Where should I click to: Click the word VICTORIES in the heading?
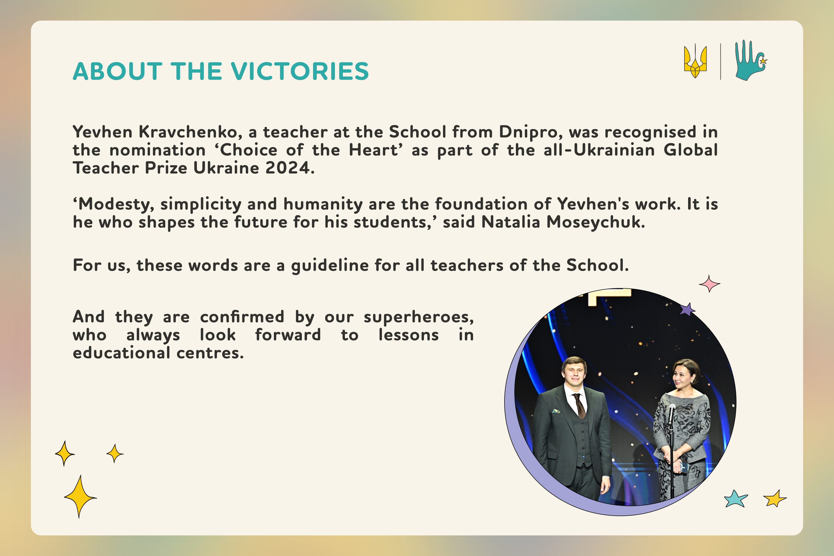[x=301, y=71]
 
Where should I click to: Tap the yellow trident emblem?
[x=695, y=61]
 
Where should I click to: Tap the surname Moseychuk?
[x=596, y=223]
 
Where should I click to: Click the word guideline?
[x=330, y=266]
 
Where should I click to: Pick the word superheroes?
[x=419, y=317]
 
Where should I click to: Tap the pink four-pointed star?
[x=709, y=284]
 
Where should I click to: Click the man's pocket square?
[x=556, y=411]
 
